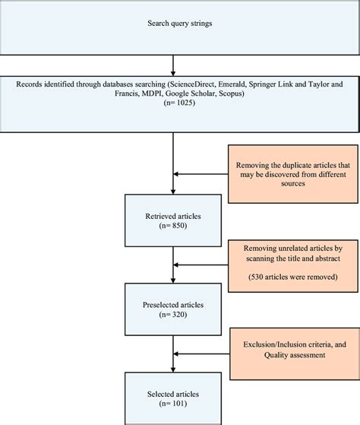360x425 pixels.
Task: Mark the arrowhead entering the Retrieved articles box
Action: (x=174, y=192)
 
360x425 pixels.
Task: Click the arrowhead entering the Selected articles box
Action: (x=174, y=373)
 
